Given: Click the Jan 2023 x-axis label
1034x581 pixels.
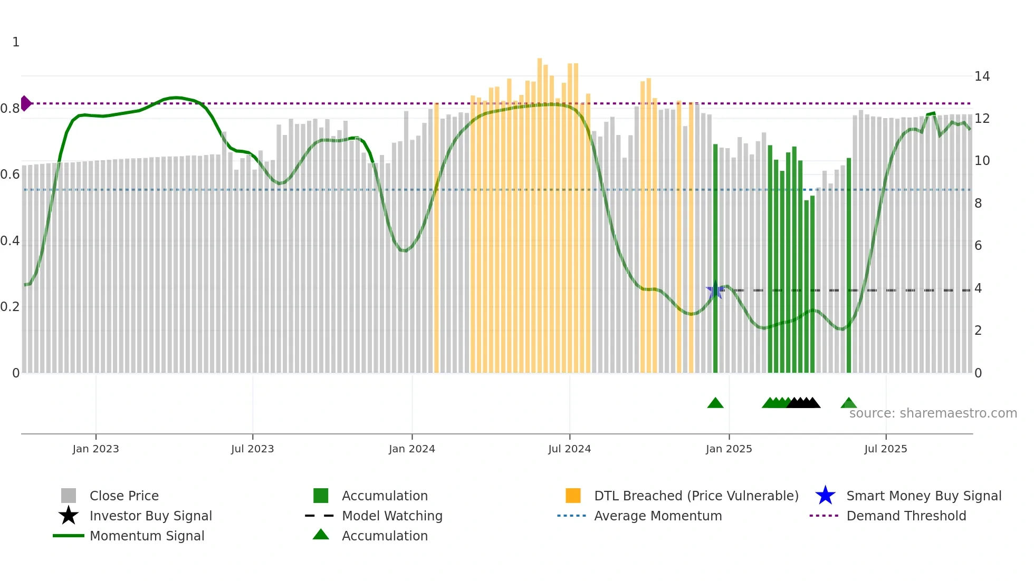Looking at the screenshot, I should pos(95,449).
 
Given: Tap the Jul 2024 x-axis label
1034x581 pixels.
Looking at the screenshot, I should pos(569,449).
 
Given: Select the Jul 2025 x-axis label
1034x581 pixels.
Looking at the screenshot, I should pos(885,449).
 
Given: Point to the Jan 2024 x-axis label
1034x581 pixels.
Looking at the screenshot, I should pos(411,449).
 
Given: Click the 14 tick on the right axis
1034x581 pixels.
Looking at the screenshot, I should pos(982,76).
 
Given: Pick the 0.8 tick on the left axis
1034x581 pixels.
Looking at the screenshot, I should pos(10,109).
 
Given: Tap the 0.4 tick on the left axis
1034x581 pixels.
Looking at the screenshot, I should pos(10,241).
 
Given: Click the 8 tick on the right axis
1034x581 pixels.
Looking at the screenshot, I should pos(978,204).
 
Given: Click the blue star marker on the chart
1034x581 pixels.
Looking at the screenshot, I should pos(715,290).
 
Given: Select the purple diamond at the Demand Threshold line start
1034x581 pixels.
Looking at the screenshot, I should pos(25,103).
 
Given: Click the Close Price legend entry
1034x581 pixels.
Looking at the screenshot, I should pos(124,496).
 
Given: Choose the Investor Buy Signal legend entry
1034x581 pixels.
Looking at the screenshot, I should pos(150,516).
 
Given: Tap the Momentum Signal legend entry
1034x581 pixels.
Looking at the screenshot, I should pos(147,536).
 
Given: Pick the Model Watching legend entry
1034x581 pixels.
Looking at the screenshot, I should pos(392,516).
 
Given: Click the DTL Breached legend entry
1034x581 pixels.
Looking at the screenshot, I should pos(696,496).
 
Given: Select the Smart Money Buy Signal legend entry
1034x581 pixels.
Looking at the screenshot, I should pos(923,496).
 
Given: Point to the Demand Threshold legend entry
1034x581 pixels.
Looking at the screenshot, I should pos(906,516).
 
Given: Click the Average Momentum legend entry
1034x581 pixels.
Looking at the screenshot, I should pos(657,516).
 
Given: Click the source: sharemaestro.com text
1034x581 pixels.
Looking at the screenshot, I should pos(933,413).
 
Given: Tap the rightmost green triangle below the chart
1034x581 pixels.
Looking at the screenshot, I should pos(848,403).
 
